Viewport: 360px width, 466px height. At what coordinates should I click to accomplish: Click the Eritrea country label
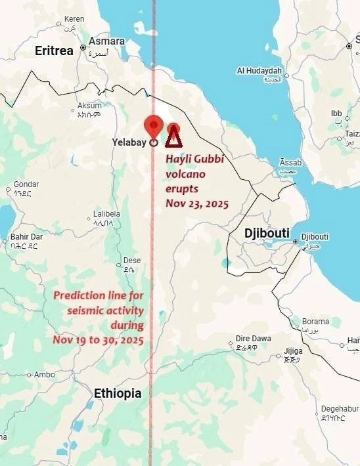pos(54,51)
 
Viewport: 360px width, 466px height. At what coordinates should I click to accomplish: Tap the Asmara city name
pos(106,41)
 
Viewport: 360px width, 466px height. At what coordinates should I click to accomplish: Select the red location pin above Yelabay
pos(153,125)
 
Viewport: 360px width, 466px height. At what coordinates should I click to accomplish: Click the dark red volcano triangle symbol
pos(173,138)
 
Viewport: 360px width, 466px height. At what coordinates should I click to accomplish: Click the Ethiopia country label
pos(118,393)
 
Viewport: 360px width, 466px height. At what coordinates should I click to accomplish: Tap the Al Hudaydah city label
pos(259,70)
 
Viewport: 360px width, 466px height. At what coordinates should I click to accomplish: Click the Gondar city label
pos(26,184)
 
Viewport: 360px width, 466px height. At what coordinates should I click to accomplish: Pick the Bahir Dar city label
pos(26,237)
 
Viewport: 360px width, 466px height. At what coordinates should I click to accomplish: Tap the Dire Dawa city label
pos(253,339)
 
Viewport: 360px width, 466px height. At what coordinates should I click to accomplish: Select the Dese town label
pos(131,260)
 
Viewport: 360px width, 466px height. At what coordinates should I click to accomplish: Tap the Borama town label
pos(315,322)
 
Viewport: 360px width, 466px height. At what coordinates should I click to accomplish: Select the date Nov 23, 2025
pos(197,204)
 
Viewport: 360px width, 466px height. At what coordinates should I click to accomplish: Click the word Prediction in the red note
pos(79,295)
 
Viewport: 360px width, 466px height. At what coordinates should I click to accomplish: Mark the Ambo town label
pos(45,375)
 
